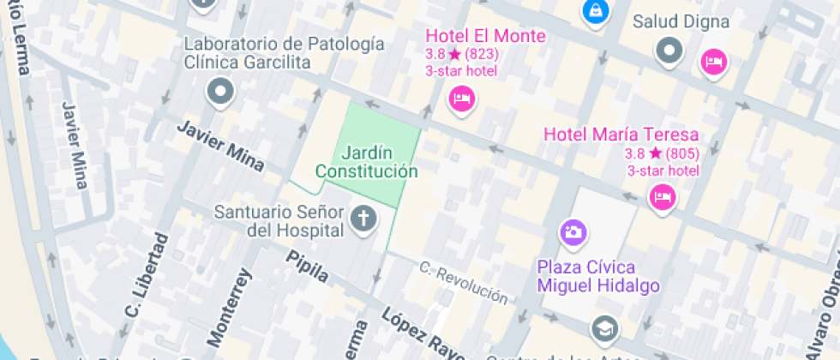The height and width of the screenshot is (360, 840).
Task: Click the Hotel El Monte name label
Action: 485,36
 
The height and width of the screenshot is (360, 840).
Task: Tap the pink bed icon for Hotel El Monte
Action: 461,99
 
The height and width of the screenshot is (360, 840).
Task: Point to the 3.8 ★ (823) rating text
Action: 462,54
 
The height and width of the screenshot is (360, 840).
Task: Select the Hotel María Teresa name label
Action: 621,135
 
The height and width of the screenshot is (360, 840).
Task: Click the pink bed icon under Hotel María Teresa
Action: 663,197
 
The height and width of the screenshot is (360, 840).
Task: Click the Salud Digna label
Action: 681,21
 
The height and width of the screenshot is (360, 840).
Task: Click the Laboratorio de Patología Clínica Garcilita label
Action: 284,52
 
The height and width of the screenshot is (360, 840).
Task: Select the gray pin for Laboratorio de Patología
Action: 220,90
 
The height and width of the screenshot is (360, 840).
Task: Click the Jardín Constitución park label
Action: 367,162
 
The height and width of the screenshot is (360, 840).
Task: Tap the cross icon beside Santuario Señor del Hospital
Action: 363,220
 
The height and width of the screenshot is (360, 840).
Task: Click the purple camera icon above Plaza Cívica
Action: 573,231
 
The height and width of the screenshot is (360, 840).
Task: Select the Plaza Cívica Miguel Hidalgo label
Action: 598,274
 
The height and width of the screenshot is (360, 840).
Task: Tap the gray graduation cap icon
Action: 604,327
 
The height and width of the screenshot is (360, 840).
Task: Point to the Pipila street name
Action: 308,267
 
